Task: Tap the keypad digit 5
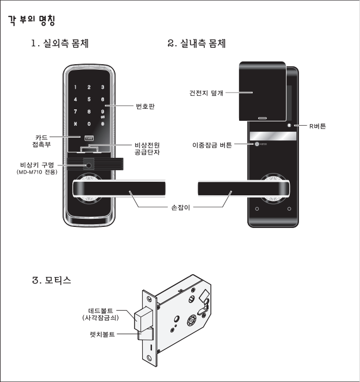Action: tap(88, 100)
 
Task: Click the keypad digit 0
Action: tap(88, 124)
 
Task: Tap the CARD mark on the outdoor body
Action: tap(88, 138)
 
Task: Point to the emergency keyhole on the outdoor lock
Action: tap(87, 163)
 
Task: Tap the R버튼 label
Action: tap(317, 126)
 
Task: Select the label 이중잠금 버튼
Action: tap(212, 146)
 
